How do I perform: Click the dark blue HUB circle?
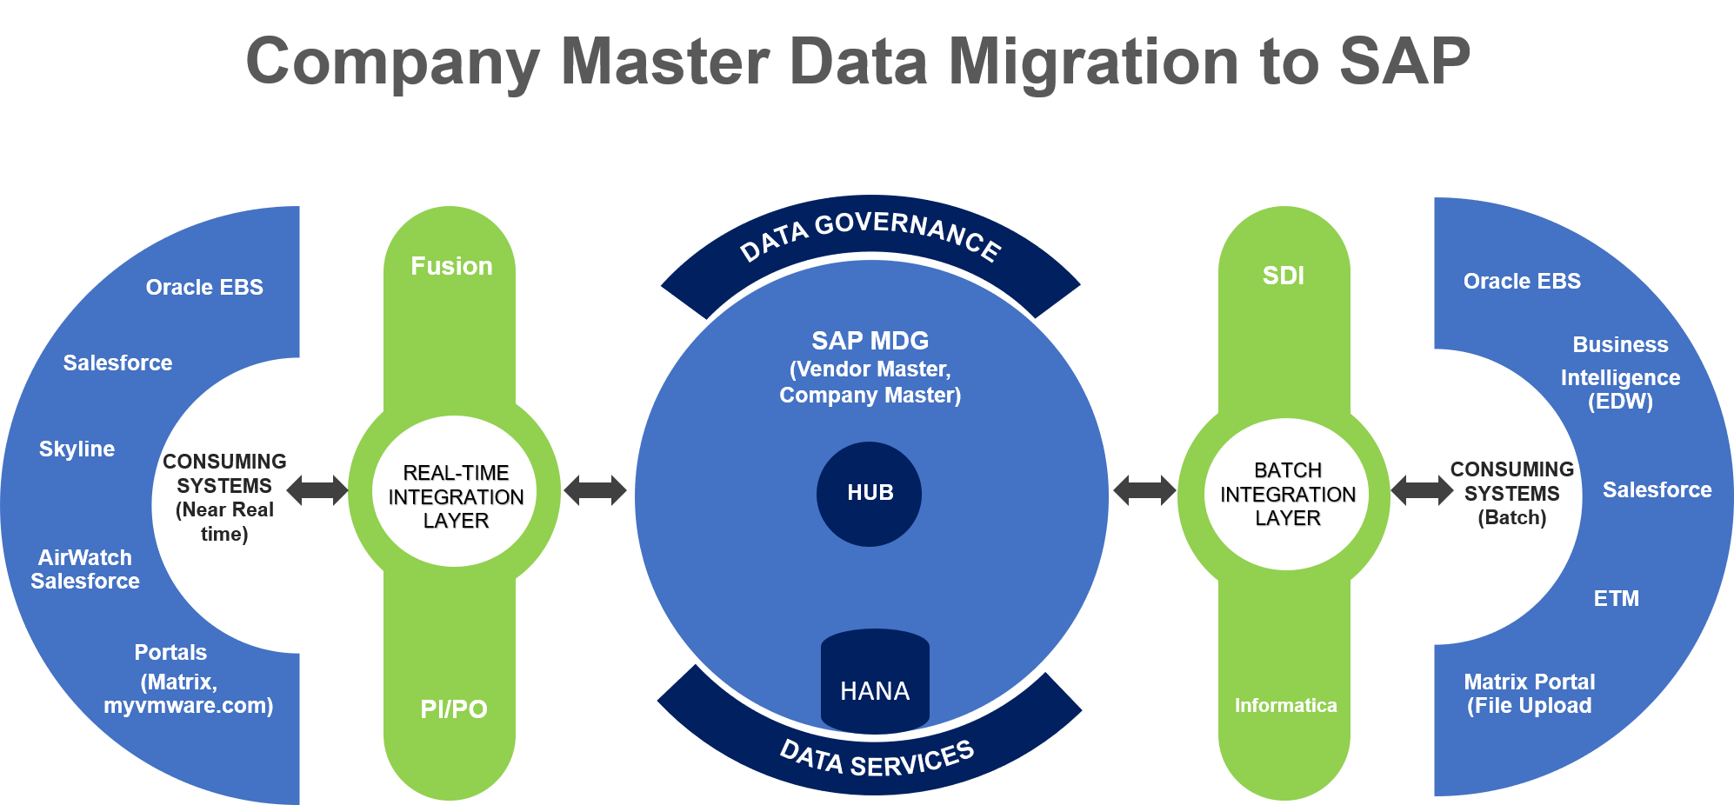click(869, 494)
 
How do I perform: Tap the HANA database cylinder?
click(875, 682)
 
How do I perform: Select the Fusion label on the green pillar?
click(451, 266)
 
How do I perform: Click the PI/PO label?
click(453, 709)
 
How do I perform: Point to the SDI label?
click(1284, 276)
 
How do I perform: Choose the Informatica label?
click(1285, 705)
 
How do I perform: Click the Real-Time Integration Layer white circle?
click(455, 492)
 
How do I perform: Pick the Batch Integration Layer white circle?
click(1287, 494)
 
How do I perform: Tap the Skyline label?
click(77, 449)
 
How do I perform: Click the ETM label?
click(1616, 598)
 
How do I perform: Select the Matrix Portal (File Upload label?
click(1529, 694)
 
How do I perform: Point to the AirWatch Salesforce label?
click(85, 569)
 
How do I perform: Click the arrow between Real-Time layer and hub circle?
click(595, 490)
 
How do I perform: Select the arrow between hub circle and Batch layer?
click(1144, 490)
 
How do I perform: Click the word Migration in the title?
click(1092, 63)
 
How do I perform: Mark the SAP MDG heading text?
click(870, 341)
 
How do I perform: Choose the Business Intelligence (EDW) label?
click(1620, 373)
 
